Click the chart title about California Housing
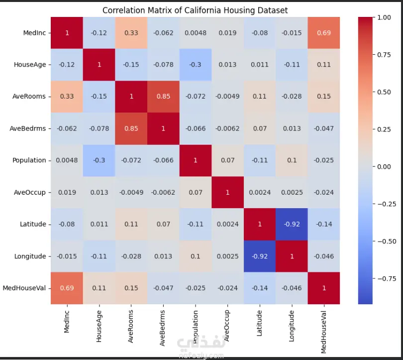[195, 10]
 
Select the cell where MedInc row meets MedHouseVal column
[324, 33]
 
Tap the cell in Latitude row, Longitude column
[292, 224]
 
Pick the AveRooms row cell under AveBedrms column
[163, 97]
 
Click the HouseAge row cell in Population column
[196, 65]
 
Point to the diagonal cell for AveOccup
[227, 192]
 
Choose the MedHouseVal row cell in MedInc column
[67, 288]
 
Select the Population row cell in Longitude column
[292, 160]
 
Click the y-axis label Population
[29, 160]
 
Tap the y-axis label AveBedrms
[28, 128]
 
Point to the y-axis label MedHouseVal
[24, 288]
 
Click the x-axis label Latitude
[259, 323]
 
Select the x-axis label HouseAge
[99, 326]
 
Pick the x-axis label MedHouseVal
[323, 332]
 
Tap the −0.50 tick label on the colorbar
[387, 241]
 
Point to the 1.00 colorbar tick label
[384, 17]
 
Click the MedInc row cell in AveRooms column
[131, 33]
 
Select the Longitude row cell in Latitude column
[260, 256]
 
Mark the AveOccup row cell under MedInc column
[67, 192]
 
